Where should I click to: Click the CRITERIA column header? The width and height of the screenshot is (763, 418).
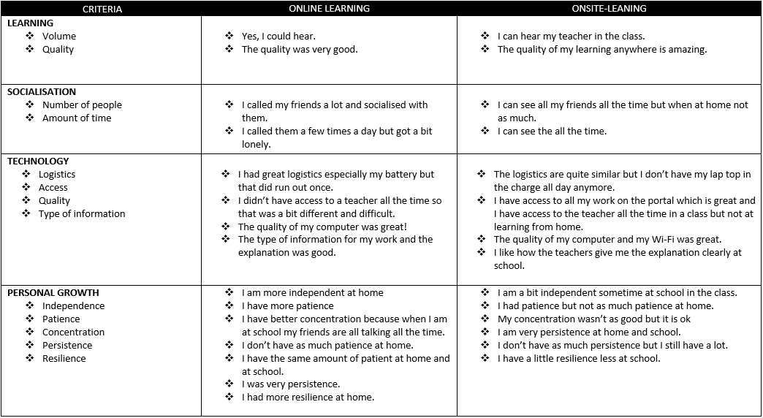pos(102,9)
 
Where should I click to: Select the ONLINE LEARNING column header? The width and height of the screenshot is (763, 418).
pos(329,9)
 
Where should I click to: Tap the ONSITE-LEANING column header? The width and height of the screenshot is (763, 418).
pos(610,9)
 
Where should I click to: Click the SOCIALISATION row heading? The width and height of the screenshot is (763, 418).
pos(42,92)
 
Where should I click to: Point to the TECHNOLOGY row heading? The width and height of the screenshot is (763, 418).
pos(38,161)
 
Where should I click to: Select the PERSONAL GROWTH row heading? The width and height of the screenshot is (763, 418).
pos(53,293)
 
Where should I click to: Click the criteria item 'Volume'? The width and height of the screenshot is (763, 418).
pos(59,36)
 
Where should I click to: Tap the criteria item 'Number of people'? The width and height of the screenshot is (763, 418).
pos(82,105)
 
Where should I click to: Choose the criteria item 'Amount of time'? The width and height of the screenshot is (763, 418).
pos(77,118)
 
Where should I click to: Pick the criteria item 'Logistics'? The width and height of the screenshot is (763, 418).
pos(57,175)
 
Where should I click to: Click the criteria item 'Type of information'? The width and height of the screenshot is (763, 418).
pos(82,214)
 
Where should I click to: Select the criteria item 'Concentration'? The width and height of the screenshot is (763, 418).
pos(73,332)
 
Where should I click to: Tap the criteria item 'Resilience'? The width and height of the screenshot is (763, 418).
pos(64,359)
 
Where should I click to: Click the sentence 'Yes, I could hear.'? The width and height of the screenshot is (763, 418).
pos(278,36)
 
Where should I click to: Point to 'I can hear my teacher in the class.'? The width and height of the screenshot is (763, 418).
pos(571,36)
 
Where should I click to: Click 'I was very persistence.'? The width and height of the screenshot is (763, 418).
pos(291,384)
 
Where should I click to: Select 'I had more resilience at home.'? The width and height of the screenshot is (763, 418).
pos(308,398)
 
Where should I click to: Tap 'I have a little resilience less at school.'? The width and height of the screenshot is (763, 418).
pos(579,359)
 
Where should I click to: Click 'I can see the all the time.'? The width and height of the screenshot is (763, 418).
pos(552,132)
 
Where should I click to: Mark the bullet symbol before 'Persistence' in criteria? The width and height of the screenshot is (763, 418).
pos(30,346)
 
